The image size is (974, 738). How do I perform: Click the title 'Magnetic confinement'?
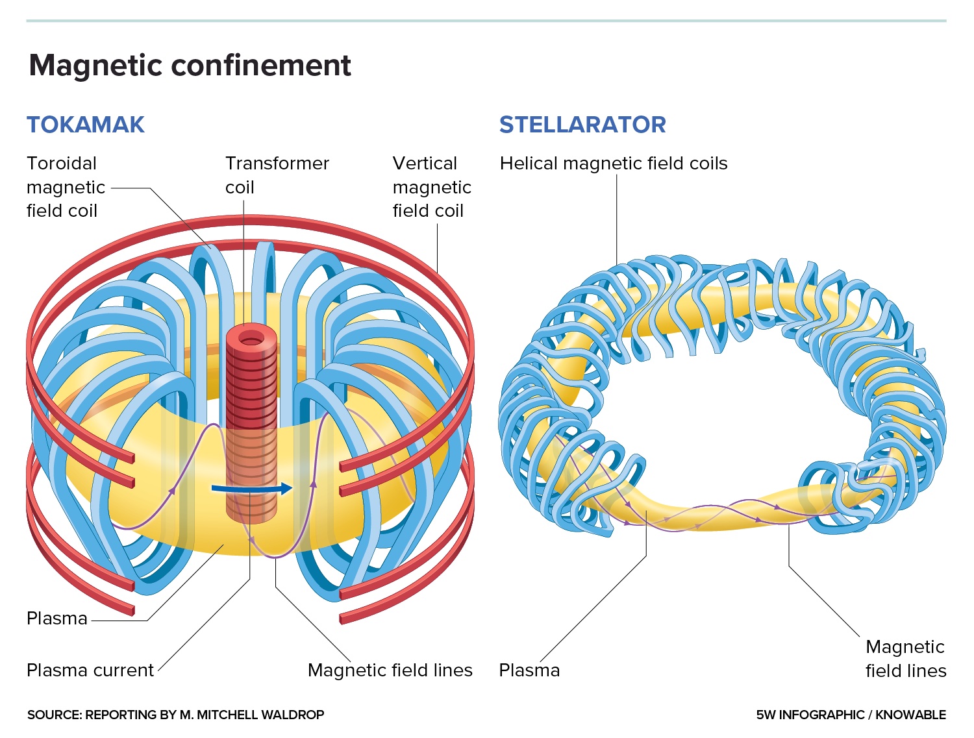(190, 66)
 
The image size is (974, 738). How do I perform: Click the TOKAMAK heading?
(85, 125)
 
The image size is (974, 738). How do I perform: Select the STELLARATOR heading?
(582, 125)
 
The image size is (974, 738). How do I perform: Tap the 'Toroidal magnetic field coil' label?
(66, 187)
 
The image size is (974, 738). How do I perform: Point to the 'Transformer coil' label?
(277, 175)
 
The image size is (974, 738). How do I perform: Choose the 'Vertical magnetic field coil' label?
(432, 187)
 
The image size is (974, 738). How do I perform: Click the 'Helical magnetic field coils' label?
(613, 164)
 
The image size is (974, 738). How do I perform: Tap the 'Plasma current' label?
(90, 670)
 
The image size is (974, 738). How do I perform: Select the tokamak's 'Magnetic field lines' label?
(390, 670)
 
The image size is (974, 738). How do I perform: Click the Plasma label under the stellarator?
(529, 670)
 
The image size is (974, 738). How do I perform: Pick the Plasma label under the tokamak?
(56, 618)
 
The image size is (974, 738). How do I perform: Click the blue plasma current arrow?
(253, 488)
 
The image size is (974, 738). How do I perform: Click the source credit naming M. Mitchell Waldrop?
(175, 715)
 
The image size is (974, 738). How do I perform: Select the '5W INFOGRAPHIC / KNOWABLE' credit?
(851, 715)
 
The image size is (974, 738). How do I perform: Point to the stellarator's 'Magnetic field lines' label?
(905, 658)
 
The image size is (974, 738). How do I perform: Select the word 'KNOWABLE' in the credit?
(910, 715)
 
